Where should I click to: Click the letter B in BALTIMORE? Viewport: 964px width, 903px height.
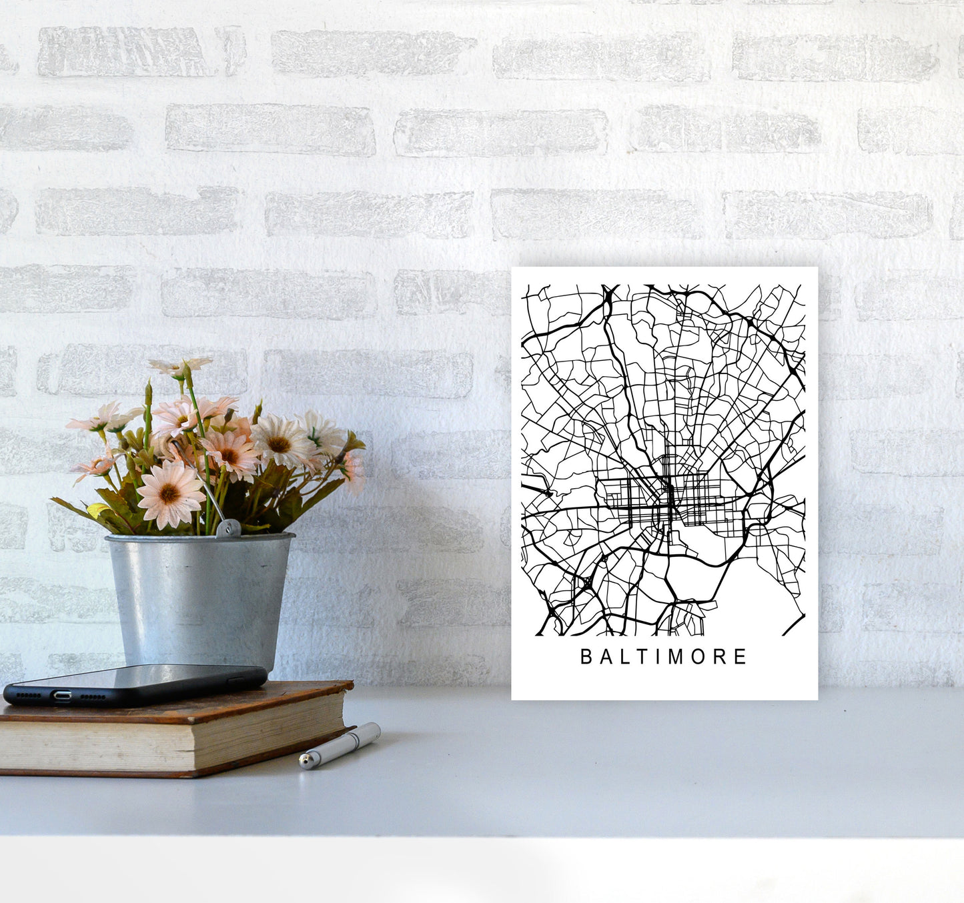[x=586, y=657]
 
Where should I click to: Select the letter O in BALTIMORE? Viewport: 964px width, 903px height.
[x=696, y=657]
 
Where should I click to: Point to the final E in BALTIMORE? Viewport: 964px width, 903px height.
[x=740, y=657]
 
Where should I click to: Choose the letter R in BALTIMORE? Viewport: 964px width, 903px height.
[x=719, y=657]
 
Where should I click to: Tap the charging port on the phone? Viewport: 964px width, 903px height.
[x=62, y=696]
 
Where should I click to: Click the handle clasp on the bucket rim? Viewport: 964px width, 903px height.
[x=228, y=528]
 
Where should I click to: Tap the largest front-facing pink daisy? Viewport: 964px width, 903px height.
[x=169, y=494]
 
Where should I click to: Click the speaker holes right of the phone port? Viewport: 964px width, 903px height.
[x=93, y=696]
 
